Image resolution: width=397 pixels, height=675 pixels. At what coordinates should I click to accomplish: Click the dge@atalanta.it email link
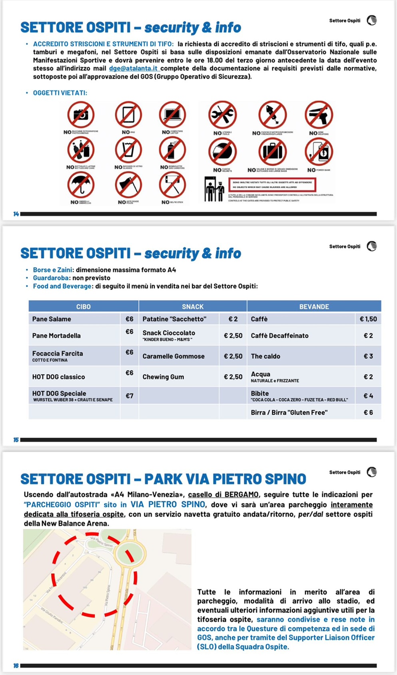pyautogui.click(x=133, y=68)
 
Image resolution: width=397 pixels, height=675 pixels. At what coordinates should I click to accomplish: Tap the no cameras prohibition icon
pyautogui.click(x=81, y=115)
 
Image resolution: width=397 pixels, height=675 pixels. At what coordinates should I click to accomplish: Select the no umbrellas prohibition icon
pyautogui.click(x=81, y=185)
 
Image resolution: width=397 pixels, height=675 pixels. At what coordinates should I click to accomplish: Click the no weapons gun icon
pyautogui.click(x=319, y=115)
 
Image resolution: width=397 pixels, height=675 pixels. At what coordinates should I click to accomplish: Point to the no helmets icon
pyautogui.click(x=222, y=152)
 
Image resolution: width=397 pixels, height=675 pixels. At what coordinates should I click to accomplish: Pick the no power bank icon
pyautogui.click(x=319, y=152)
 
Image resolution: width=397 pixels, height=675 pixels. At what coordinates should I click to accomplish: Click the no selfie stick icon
pyautogui.click(x=172, y=185)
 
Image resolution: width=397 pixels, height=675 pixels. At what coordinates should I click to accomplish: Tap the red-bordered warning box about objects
pyautogui.click(x=272, y=185)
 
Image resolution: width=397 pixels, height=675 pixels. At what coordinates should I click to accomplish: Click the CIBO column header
pyautogui.click(x=84, y=307)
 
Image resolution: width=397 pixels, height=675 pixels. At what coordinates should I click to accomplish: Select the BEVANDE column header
pyautogui.click(x=314, y=307)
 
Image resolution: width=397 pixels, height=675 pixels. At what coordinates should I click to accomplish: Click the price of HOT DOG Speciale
pyautogui.click(x=130, y=396)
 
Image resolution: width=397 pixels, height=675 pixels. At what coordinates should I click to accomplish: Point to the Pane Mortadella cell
pyautogui.click(x=56, y=336)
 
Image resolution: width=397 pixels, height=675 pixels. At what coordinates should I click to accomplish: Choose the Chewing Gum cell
pyautogui.click(x=163, y=377)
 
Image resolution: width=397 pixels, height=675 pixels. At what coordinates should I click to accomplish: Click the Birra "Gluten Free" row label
pyautogui.click(x=289, y=413)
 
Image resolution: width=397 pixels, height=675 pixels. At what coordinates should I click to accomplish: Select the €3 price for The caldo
pyautogui.click(x=368, y=356)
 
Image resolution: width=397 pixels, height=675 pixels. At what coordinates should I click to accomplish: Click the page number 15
pyautogui.click(x=16, y=440)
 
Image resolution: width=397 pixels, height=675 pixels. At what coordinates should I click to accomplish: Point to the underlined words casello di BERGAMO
pyautogui.click(x=224, y=495)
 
